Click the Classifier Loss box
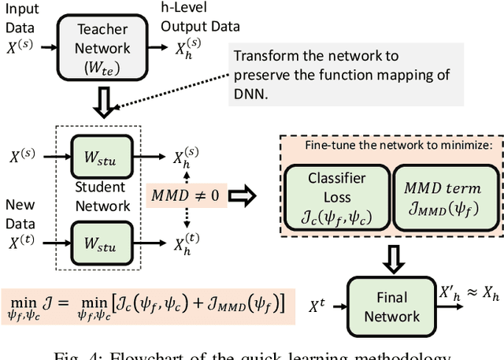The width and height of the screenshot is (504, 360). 337,196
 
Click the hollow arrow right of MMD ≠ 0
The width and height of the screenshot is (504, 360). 246,195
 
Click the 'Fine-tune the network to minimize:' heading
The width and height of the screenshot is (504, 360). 391,147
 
